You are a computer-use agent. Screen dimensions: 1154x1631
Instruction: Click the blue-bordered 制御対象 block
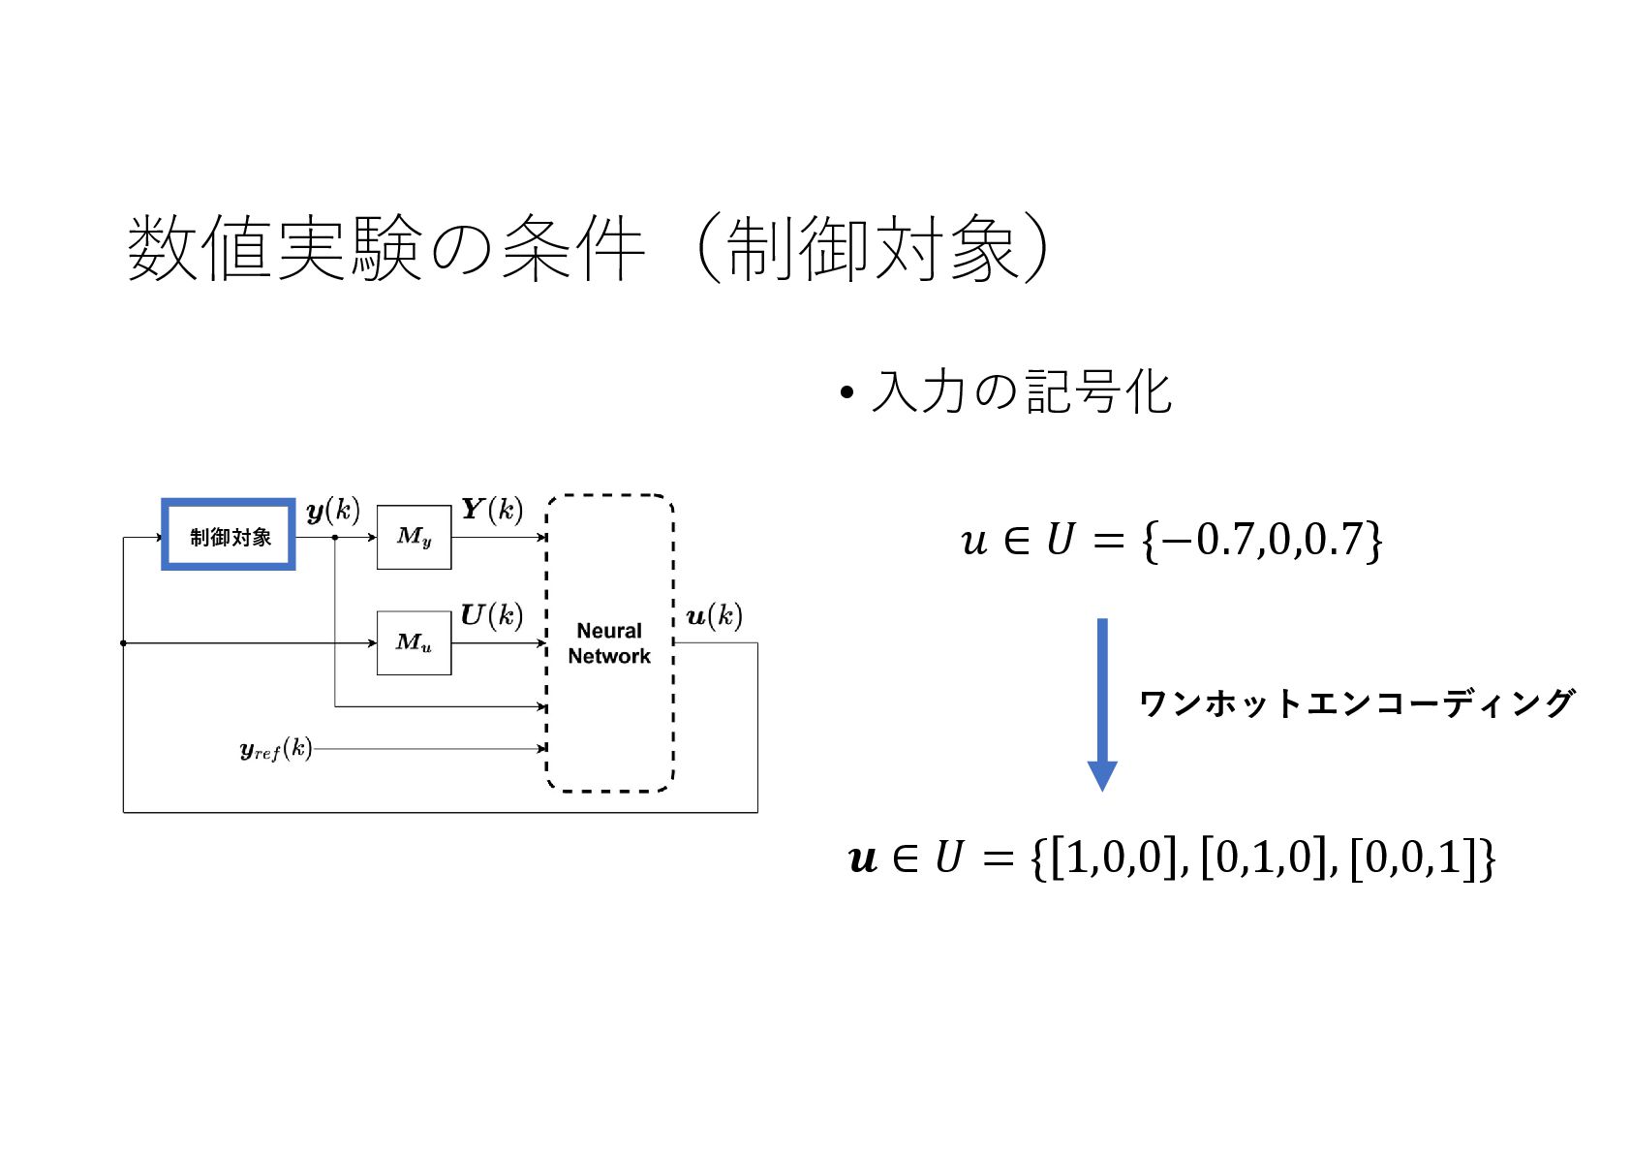click(229, 535)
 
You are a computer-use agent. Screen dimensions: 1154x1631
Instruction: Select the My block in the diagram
click(414, 537)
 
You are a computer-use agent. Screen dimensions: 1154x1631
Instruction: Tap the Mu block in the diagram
click(414, 642)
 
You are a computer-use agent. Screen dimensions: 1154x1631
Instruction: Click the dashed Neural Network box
click(609, 643)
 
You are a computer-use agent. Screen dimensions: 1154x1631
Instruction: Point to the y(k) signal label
click(332, 511)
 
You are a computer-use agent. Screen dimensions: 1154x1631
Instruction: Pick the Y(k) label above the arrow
click(492, 510)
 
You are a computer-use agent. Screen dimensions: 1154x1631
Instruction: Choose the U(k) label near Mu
click(491, 615)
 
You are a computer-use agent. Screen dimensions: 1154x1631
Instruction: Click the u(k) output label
click(714, 616)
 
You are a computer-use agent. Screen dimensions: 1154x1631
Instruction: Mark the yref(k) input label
click(276, 749)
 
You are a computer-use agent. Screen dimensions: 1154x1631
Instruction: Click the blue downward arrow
click(1102, 702)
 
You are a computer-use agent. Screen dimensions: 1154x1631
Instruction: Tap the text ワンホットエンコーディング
click(1356, 703)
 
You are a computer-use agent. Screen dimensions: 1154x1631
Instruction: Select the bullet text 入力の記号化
click(1021, 392)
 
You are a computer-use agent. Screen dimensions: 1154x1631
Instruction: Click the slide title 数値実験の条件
click(387, 249)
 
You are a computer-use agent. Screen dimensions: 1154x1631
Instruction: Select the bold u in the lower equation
click(862, 858)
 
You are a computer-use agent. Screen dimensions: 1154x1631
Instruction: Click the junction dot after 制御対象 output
click(335, 537)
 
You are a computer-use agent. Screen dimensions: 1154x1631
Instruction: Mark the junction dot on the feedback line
click(123, 643)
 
